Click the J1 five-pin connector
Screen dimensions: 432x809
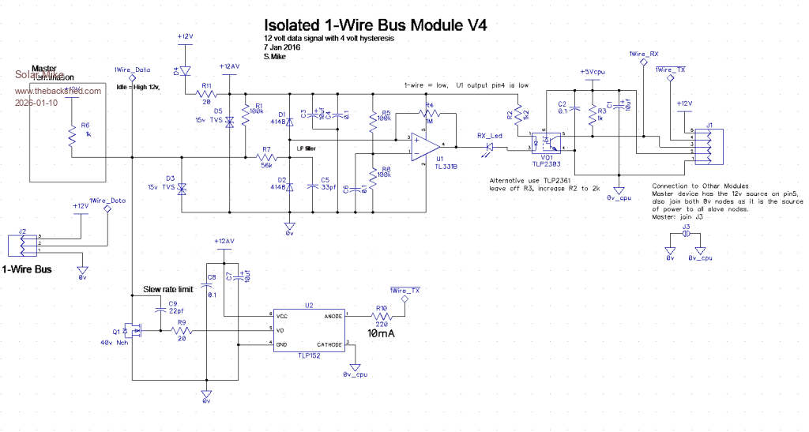coord(709,145)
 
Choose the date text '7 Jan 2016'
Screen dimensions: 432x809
coord(285,47)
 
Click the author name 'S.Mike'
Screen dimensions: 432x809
coord(278,56)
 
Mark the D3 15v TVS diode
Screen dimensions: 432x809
coord(182,189)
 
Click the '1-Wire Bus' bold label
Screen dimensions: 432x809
coord(28,269)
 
